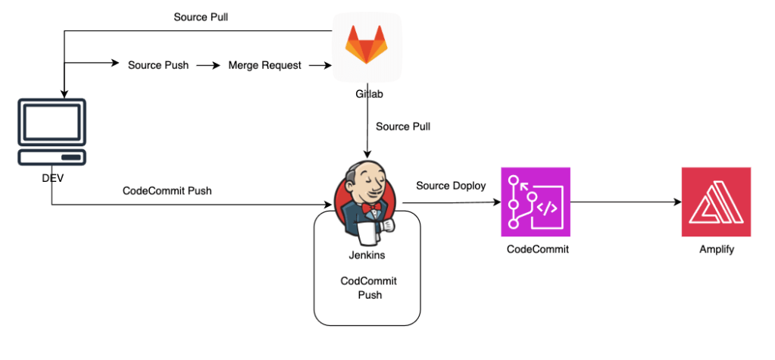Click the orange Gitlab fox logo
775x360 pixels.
pos(367,47)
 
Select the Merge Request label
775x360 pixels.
pos(264,65)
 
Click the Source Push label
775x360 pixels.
pos(159,65)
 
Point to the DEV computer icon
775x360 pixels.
pos(52,133)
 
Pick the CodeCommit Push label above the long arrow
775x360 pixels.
pos(167,191)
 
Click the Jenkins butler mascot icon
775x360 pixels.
pos(366,201)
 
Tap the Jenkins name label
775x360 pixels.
pos(366,255)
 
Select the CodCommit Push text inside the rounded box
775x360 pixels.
pos(368,288)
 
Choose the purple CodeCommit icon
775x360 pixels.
pos(535,202)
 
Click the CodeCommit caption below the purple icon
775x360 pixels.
pos(537,249)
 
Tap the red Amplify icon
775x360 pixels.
pos(716,202)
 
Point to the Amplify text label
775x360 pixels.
pos(715,249)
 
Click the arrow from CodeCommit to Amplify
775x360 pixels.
pos(625,202)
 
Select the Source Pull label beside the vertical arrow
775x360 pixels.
pos(403,127)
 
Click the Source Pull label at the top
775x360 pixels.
pos(201,17)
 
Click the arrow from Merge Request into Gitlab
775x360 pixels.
pos(320,65)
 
